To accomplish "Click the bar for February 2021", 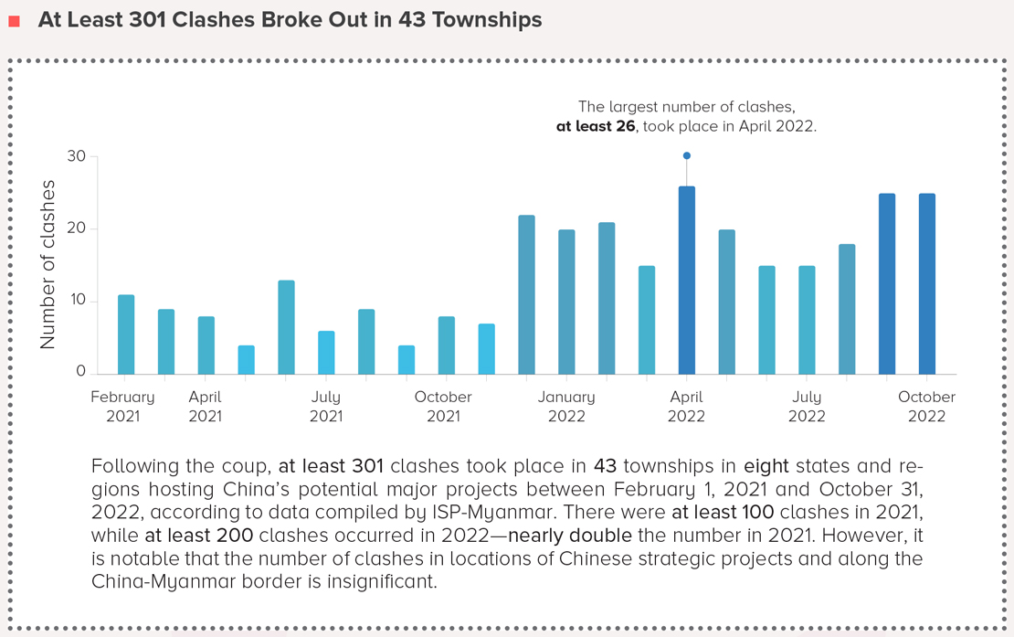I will tap(126, 334).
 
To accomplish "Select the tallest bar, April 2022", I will tap(687, 281).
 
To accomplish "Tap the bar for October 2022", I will tap(927, 284).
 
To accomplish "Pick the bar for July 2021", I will tap(326, 353).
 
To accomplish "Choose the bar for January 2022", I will tap(566, 303).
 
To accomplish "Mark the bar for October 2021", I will tap(446, 345).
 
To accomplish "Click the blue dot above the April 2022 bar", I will tap(687, 156).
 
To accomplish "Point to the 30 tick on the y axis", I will tap(76, 157).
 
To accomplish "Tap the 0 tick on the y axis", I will tap(80, 372).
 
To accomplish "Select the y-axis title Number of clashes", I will tap(48, 264).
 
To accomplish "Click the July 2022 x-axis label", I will tap(807, 407).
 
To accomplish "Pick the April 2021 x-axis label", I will tap(206, 407).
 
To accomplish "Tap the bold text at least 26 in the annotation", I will tap(596, 127).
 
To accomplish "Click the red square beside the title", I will tap(14, 21).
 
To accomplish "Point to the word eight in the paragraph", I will tap(766, 467).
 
